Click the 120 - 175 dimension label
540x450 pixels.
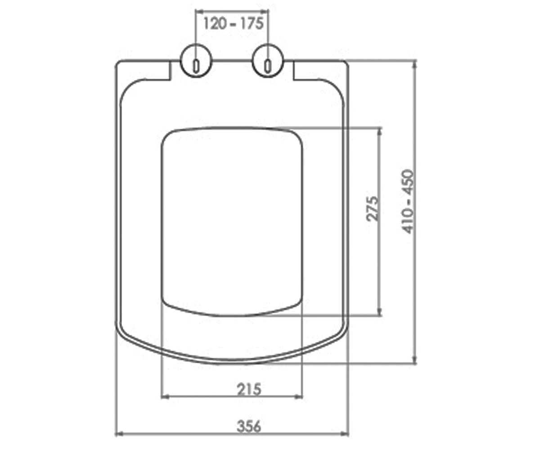[x=233, y=24]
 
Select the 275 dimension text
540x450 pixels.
[x=373, y=209]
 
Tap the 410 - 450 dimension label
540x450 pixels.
[x=408, y=202]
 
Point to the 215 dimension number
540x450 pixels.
[x=249, y=389]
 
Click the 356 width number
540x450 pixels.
[x=249, y=427]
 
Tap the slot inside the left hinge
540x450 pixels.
[x=196, y=67]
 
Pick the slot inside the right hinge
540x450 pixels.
[x=268, y=67]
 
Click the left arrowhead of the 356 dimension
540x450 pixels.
[x=118, y=434]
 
